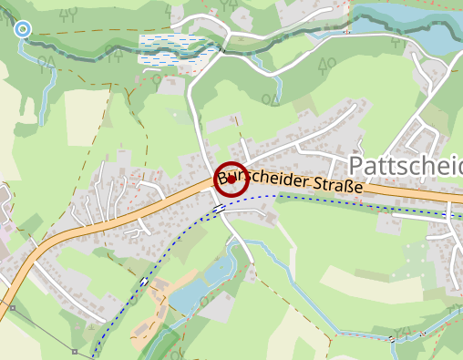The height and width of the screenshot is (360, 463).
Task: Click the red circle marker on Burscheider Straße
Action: point(231,180)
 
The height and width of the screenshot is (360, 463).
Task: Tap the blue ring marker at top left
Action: point(24,30)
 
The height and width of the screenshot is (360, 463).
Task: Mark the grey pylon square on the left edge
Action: point(13,308)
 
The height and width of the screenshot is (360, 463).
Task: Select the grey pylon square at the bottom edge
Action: point(75,351)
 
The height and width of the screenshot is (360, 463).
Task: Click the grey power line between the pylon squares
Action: point(44,330)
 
